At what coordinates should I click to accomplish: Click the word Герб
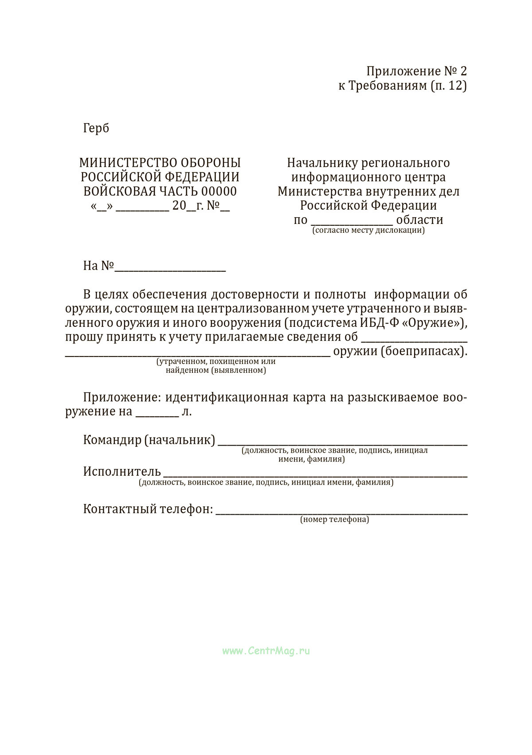96,129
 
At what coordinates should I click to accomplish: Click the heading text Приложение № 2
416,71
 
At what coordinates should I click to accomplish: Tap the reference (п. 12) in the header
448,86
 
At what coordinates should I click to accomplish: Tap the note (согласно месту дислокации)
368,231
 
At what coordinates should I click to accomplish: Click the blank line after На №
170,269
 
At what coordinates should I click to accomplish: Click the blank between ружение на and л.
157,415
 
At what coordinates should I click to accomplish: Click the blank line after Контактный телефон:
341,512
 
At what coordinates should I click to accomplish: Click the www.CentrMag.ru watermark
266,651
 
